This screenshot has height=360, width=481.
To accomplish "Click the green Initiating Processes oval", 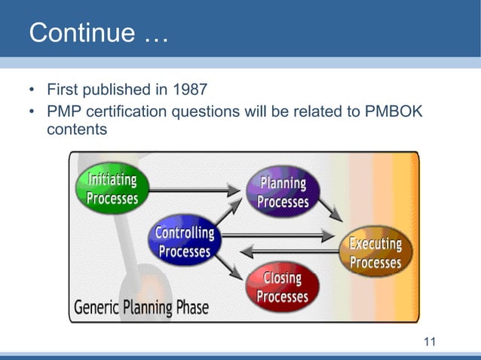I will tap(112, 188).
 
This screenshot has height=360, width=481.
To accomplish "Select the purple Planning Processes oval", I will tap(283, 192).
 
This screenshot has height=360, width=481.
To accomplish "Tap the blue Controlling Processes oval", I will tap(184, 242).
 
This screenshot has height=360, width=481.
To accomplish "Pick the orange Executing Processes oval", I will tap(375, 252).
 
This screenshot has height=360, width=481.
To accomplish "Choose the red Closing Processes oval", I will tap(283, 287).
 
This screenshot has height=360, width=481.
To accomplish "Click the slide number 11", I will tap(430, 343).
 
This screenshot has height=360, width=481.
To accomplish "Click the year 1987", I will tap(191, 90).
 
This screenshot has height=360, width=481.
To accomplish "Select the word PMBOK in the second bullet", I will tap(394, 111).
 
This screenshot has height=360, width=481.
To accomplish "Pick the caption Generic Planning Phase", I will tap(141, 307).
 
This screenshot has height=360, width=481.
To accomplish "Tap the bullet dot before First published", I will tap(32, 91).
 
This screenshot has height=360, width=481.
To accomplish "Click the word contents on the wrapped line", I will tap(77, 129).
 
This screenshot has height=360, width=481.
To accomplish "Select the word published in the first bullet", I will tap(115, 91).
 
